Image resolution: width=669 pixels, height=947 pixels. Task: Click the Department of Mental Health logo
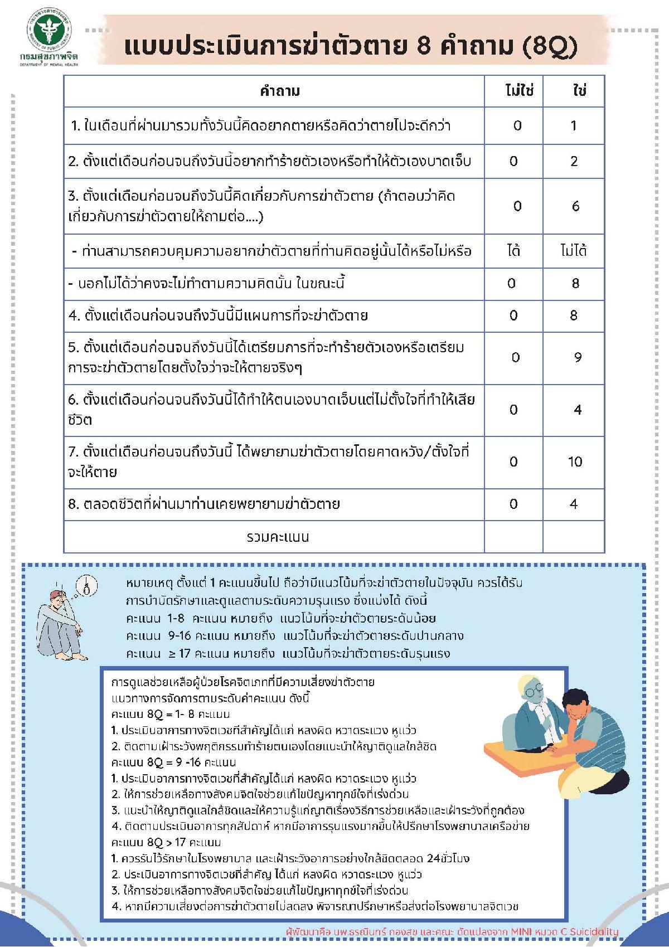pyautogui.click(x=51, y=35)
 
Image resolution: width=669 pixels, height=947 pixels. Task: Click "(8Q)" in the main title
pyautogui.click(x=550, y=47)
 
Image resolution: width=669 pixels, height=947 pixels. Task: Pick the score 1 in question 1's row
pyautogui.click(x=574, y=125)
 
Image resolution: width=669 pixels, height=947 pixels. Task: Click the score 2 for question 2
pyautogui.click(x=574, y=161)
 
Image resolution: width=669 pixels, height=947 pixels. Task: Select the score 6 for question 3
pyautogui.click(x=575, y=206)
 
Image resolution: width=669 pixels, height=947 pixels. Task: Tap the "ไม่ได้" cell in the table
pyautogui.click(x=574, y=251)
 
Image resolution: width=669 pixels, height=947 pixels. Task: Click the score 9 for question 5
pyautogui.click(x=577, y=357)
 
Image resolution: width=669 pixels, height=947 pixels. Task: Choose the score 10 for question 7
pyautogui.click(x=575, y=462)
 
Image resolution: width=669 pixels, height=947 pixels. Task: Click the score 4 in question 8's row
pyautogui.click(x=574, y=504)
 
